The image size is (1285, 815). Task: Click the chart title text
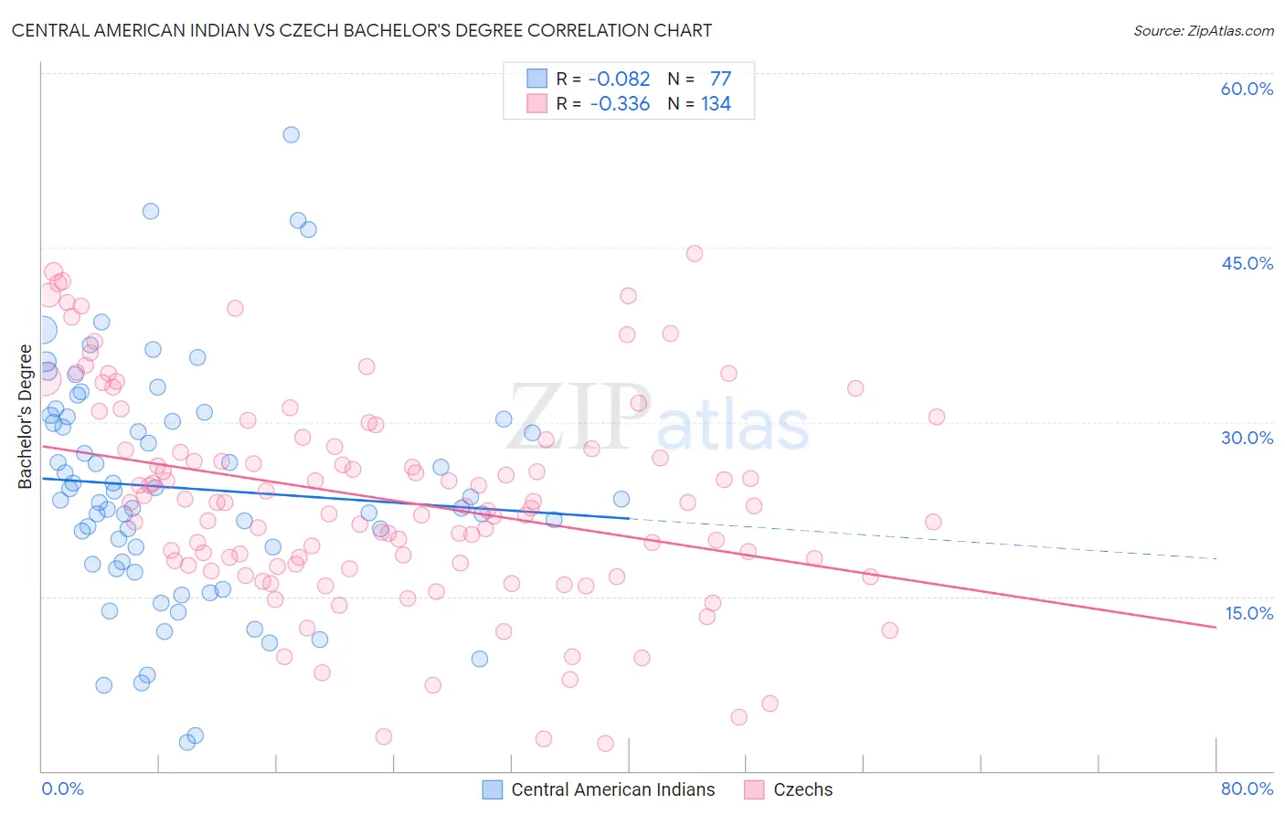point(362,30)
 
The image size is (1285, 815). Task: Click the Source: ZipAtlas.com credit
point(1203,31)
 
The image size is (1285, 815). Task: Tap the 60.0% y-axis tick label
point(1247,89)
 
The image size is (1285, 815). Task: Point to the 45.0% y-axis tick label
point(1247,263)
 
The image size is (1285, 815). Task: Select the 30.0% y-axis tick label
point(1247,438)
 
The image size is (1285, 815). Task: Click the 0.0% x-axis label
point(62,789)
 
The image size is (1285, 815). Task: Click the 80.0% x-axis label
point(1247,789)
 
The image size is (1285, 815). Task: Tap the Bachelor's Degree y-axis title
point(26,416)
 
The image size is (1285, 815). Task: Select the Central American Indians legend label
point(612,789)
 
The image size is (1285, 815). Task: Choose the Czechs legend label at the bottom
point(802,789)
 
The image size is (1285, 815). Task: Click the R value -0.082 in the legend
point(619,79)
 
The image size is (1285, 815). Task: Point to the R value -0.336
point(620,103)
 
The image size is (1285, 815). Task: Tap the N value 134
point(716,103)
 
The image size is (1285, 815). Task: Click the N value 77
point(720,79)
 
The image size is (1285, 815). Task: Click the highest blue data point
point(292,134)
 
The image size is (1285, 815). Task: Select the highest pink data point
point(695,254)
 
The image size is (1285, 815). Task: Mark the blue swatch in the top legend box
point(536,79)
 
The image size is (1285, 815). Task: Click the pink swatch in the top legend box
point(536,103)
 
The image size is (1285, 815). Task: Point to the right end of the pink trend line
point(1216,627)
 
